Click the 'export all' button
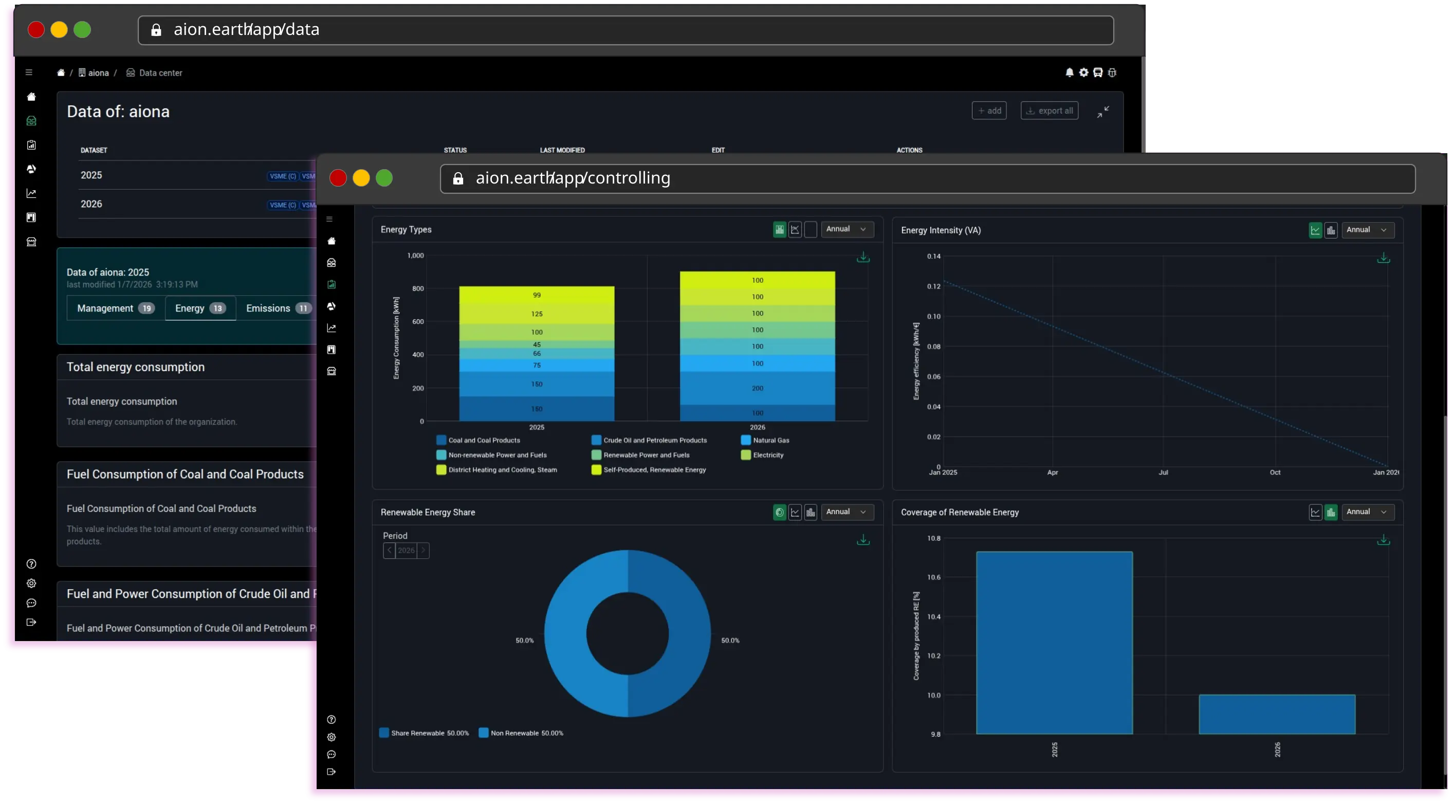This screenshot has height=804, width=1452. [x=1049, y=111]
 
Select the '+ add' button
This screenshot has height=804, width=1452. [x=989, y=111]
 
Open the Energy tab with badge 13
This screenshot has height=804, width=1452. [x=200, y=308]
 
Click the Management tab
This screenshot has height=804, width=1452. [x=116, y=308]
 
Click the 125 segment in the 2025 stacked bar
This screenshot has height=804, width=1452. [x=537, y=314]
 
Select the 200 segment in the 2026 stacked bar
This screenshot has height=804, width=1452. [x=757, y=388]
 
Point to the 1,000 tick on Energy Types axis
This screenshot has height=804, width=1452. [x=415, y=255]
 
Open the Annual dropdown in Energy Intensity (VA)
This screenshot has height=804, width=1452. [x=1368, y=230]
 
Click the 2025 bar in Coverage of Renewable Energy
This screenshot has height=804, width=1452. [x=1054, y=643]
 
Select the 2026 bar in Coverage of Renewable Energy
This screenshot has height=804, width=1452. [x=1277, y=715]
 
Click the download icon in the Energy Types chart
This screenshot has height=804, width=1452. [x=863, y=258]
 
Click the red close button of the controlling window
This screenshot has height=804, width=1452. [x=338, y=178]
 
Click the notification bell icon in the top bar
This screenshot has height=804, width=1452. [x=1069, y=72]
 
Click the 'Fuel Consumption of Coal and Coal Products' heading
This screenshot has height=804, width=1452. [x=185, y=474]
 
